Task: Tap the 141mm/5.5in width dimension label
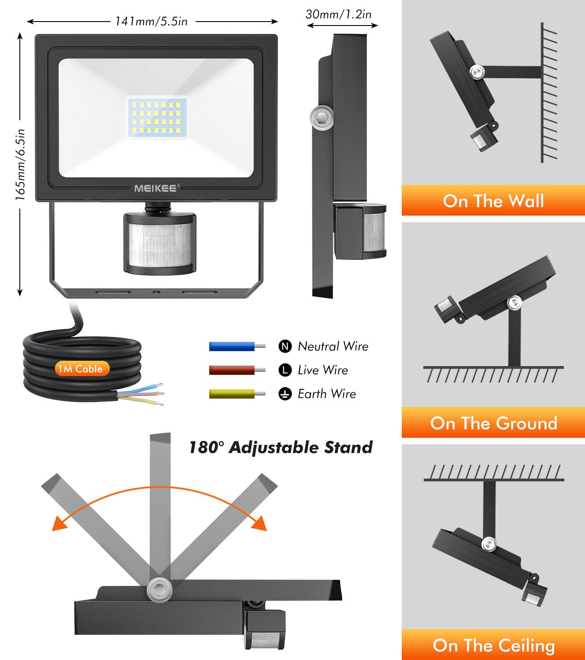[151, 21]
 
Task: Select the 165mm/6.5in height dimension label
[20, 165]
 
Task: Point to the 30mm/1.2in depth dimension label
[338, 15]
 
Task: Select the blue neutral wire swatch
[232, 346]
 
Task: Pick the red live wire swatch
[232, 370]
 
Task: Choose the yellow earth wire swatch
[232, 394]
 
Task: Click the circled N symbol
[285, 346]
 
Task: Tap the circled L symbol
[285, 370]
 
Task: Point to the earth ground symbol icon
[285, 394]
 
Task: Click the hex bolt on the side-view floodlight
[322, 117]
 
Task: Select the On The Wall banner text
[493, 201]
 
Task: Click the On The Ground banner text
[493, 423]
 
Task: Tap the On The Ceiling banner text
[493, 645]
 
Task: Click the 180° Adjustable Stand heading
[281, 447]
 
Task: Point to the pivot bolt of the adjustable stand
[159, 589]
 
